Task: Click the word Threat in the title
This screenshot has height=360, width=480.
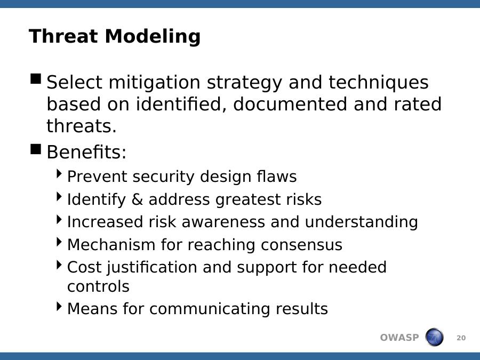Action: pos(63,36)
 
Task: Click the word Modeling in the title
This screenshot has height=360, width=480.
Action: pos(153,37)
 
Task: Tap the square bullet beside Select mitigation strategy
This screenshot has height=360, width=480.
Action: pos(36,79)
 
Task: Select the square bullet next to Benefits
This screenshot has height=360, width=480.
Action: pos(36,149)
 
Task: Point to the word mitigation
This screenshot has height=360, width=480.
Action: pos(155,83)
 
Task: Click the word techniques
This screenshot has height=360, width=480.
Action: pos(379,83)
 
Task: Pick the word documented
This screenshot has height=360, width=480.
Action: pos(290,104)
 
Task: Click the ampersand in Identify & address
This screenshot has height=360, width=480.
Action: pos(137,199)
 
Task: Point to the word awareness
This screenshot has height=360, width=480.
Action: pos(223,222)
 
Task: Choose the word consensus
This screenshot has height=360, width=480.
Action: pos(301,245)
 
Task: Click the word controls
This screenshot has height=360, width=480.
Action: pos(98,286)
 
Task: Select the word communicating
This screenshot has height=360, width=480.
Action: pos(210,309)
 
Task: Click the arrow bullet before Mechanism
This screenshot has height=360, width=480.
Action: pos(59,242)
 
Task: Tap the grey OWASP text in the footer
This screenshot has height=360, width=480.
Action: pos(399,338)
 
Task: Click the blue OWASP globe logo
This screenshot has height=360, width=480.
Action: pos(434,337)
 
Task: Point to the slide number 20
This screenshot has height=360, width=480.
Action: pos(461,338)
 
